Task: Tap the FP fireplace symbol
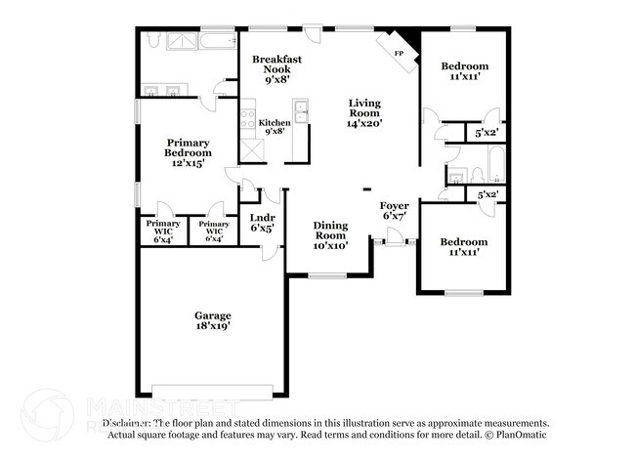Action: click(x=400, y=54)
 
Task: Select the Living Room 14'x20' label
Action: click(x=365, y=112)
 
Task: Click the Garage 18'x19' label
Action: click(x=212, y=321)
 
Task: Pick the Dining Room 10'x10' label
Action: click(x=330, y=235)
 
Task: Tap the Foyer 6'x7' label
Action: click(x=394, y=210)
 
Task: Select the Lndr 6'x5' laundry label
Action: click(x=262, y=223)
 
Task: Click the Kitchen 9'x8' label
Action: click(x=275, y=128)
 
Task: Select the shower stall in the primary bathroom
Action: click(x=183, y=40)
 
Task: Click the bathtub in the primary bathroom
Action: click(x=216, y=40)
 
